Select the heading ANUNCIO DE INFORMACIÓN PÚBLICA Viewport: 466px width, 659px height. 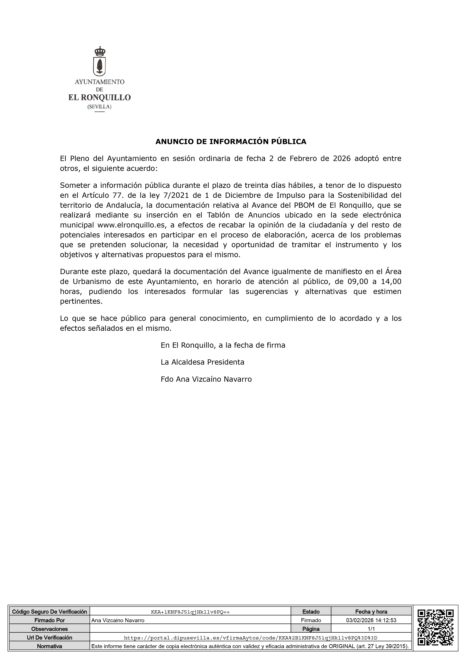[231, 141]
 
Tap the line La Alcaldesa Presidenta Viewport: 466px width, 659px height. [202, 362]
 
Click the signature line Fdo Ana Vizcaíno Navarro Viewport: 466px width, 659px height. [206, 379]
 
